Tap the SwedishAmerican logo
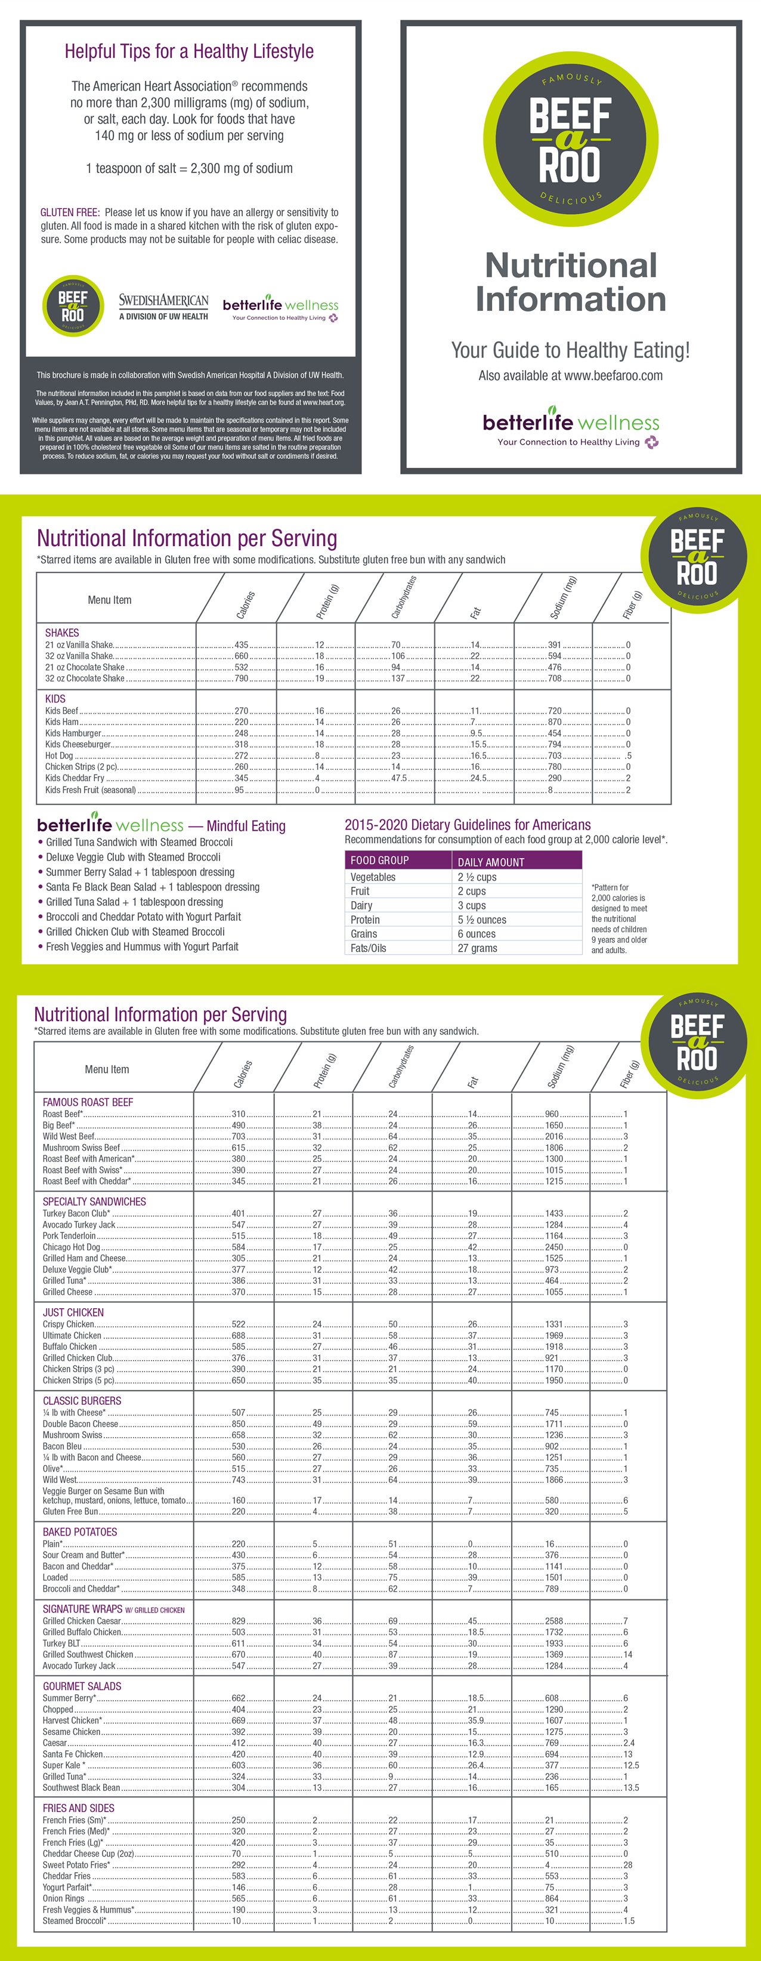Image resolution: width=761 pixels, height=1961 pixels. [163, 306]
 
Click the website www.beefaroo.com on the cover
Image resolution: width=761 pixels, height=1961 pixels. [571, 375]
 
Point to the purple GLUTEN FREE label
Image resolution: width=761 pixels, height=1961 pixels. [69, 212]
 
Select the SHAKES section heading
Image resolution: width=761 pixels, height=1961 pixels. [61, 633]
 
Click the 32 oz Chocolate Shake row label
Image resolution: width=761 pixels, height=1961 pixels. [85, 679]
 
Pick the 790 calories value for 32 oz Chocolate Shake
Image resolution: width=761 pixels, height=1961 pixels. [241, 679]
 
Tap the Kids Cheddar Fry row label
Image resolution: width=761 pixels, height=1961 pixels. [75, 778]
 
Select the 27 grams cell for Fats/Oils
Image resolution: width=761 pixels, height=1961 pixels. [477, 948]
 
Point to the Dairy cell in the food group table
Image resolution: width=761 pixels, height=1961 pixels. [361, 905]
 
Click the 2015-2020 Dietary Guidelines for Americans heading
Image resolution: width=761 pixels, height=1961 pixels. [467, 825]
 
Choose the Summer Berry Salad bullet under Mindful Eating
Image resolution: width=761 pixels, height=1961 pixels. [140, 872]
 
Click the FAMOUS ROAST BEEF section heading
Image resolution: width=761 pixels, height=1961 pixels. [88, 1102]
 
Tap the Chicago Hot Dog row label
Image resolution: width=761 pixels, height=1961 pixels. [71, 1247]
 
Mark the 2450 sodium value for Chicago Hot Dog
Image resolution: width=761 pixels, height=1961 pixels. [554, 1247]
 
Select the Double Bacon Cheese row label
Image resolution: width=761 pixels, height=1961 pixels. [80, 1423]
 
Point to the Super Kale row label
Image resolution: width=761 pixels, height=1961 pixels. [63, 1765]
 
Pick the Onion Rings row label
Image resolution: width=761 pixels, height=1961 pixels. [63, 1898]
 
